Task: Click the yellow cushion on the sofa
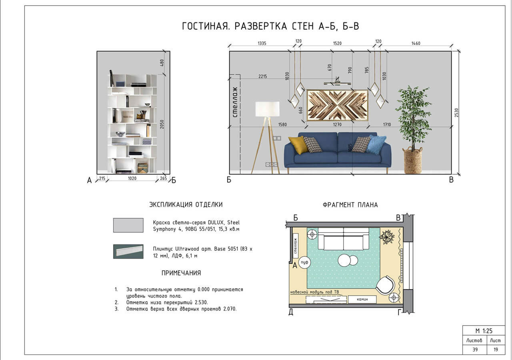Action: [298, 144]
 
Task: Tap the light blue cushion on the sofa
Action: [376, 144]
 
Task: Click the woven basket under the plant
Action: [413, 161]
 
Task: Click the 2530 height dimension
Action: [457, 113]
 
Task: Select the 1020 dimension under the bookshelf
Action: [132, 179]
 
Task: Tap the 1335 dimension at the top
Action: [262, 43]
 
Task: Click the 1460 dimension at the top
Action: [416, 43]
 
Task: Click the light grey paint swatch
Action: [128, 225]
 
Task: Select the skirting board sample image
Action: [128, 252]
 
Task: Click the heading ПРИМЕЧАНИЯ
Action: [181, 273]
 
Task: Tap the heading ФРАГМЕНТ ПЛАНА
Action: [350, 205]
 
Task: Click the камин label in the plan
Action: [362, 299]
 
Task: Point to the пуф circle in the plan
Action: [305, 262]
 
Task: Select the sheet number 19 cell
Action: [495, 349]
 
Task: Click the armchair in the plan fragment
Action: [385, 285]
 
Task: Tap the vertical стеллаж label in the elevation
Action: [235, 102]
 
